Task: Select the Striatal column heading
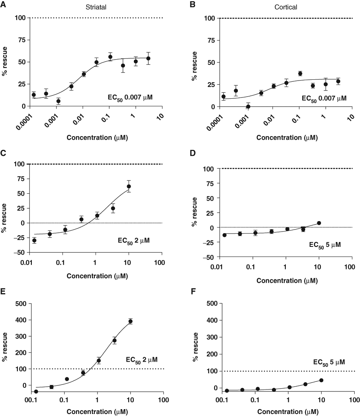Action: [96, 7]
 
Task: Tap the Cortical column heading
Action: [286, 7]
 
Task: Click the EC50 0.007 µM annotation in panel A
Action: [130, 98]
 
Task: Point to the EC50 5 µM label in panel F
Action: [329, 363]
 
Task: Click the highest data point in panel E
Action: [131, 321]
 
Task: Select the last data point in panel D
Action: [319, 223]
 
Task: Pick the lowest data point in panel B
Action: [248, 107]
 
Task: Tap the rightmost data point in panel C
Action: [129, 186]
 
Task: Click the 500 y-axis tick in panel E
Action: [21, 303]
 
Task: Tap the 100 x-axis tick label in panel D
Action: [350, 267]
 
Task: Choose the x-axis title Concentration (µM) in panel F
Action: [288, 412]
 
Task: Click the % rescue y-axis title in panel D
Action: [194, 212]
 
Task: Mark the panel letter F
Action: [193, 292]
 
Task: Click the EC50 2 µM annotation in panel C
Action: [133, 241]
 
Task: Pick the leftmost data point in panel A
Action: [34, 95]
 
